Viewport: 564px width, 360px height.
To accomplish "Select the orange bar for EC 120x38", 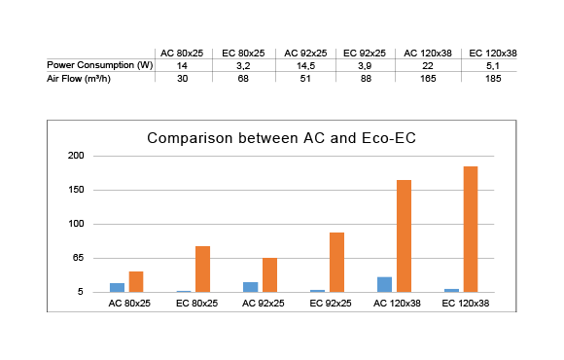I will [x=470, y=230].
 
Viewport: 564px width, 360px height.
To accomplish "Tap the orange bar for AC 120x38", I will [x=403, y=236].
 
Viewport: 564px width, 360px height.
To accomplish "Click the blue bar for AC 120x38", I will [x=384, y=284].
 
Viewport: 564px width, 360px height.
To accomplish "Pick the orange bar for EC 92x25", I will [x=336, y=263].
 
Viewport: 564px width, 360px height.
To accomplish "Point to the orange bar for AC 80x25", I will [x=136, y=281].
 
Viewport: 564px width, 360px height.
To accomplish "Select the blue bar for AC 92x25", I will [x=251, y=287].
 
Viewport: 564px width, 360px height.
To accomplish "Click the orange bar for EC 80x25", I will [x=202, y=269].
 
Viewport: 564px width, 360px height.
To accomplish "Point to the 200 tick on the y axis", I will [x=77, y=156].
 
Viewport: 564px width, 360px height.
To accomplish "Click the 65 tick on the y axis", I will [x=79, y=258].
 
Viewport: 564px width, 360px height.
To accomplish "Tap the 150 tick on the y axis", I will [x=77, y=190].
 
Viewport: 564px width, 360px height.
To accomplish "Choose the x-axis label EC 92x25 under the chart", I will [x=329, y=304].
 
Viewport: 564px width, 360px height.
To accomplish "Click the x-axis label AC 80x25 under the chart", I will [x=128, y=304].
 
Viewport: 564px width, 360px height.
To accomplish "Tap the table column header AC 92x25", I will [x=305, y=52].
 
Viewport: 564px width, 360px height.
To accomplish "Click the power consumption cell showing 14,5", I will [x=305, y=64].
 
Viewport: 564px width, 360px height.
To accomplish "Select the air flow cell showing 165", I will [x=429, y=78].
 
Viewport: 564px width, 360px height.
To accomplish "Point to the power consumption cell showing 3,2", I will [x=243, y=64].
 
